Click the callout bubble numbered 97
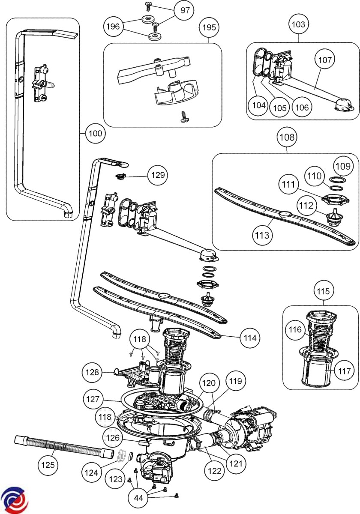[x=185, y=10]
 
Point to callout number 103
[x=298, y=24]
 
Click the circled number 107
[x=325, y=60]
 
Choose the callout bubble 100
[x=95, y=134]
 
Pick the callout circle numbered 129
[x=157, y=175]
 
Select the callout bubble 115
[x=324, y=291]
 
